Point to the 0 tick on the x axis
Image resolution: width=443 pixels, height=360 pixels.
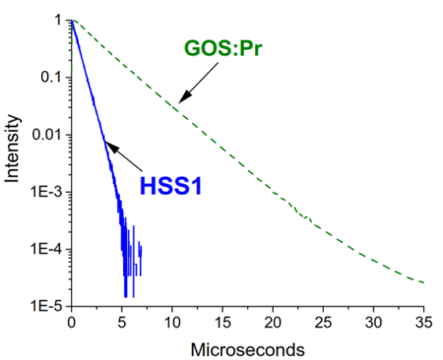pos(71,322)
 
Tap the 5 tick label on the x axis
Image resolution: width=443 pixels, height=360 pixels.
pos(121,322)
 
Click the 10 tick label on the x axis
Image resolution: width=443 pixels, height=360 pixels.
pos(172,322)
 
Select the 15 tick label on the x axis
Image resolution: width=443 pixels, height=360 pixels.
pos(222,322)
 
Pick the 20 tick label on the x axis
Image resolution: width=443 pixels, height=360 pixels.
pos(274,322)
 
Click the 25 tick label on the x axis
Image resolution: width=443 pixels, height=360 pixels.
pos(324,322)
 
